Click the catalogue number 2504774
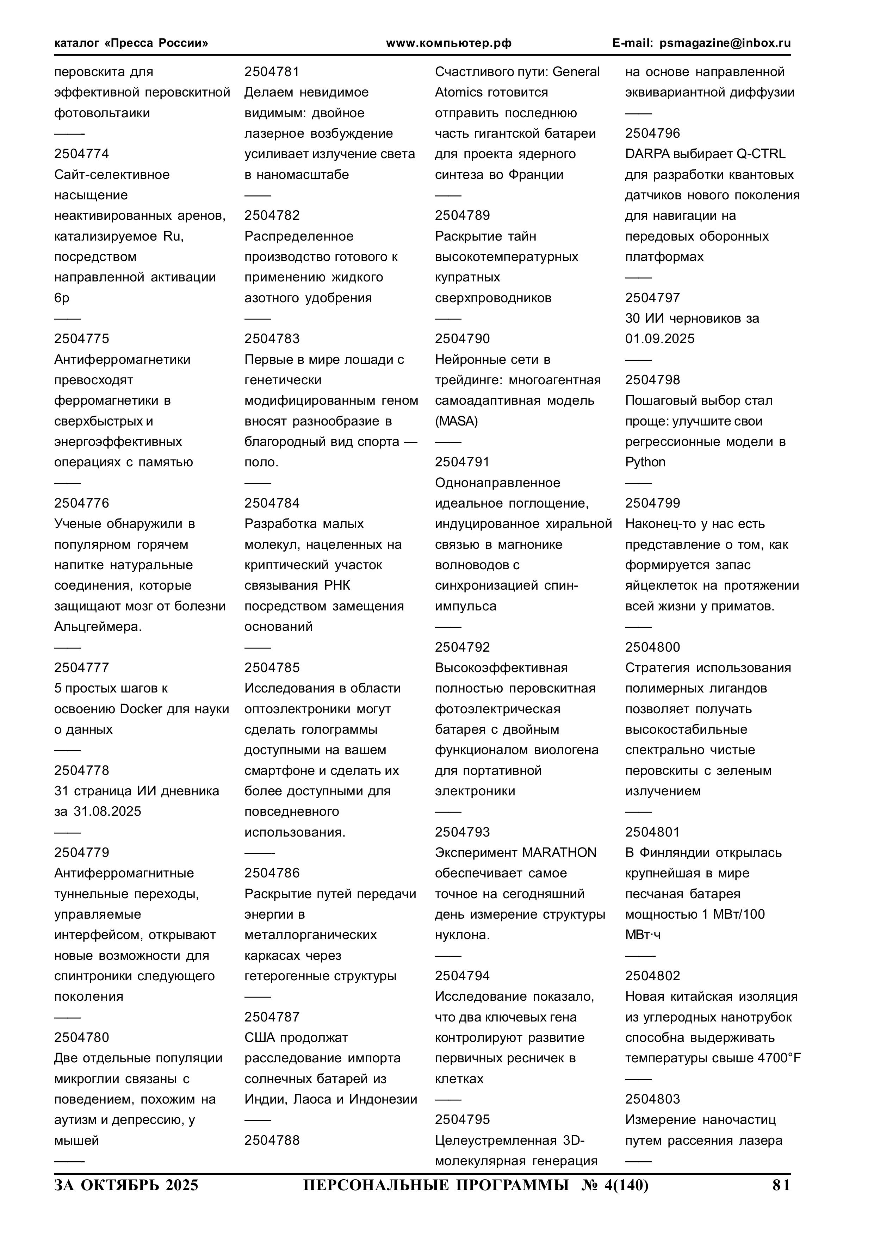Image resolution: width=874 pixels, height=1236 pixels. (81, 154)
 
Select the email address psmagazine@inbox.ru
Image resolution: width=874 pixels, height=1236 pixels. (725, 43)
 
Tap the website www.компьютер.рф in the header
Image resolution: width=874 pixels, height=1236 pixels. (448, 43)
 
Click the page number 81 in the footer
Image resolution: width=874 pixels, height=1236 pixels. (781, 1185)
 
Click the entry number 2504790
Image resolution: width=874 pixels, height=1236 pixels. (462, 338)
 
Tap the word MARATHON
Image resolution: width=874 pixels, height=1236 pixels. (559, 853)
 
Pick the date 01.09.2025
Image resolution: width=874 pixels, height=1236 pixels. (660, 338)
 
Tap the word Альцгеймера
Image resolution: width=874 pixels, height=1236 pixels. (98, 627)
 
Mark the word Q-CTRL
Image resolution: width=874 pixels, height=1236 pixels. (760, 154)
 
